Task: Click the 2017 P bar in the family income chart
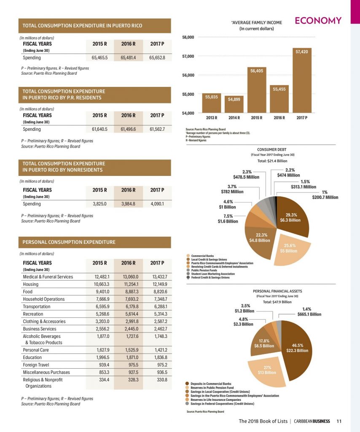302,81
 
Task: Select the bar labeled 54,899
234,104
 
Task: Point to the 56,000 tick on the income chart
188,75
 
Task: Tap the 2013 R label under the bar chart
211,118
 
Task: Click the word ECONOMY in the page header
318,21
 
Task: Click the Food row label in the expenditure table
27,292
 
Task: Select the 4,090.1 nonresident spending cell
157,204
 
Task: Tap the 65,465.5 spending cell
99,57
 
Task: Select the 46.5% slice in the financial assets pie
297,348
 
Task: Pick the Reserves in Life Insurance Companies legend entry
213,400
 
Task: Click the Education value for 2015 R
103,357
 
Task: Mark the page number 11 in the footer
339,421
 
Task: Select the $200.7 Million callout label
325,197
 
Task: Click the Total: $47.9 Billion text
277,302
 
